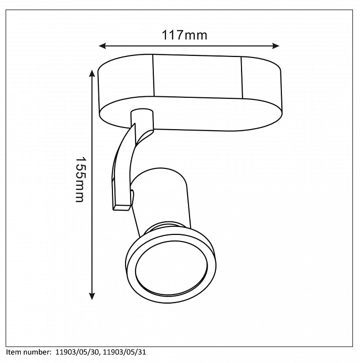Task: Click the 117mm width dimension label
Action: pos(184,35)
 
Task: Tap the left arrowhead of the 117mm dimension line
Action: pos(102,46)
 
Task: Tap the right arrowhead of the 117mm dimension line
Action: pos(276,46)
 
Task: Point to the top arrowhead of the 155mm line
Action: pos(92,74)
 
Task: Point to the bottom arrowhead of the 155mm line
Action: pos(92,296)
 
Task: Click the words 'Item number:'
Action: pos(28,352)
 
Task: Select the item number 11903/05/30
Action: pos(78,352)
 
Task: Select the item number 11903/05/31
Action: pos(125,352)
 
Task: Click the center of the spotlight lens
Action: pos(171,268)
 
